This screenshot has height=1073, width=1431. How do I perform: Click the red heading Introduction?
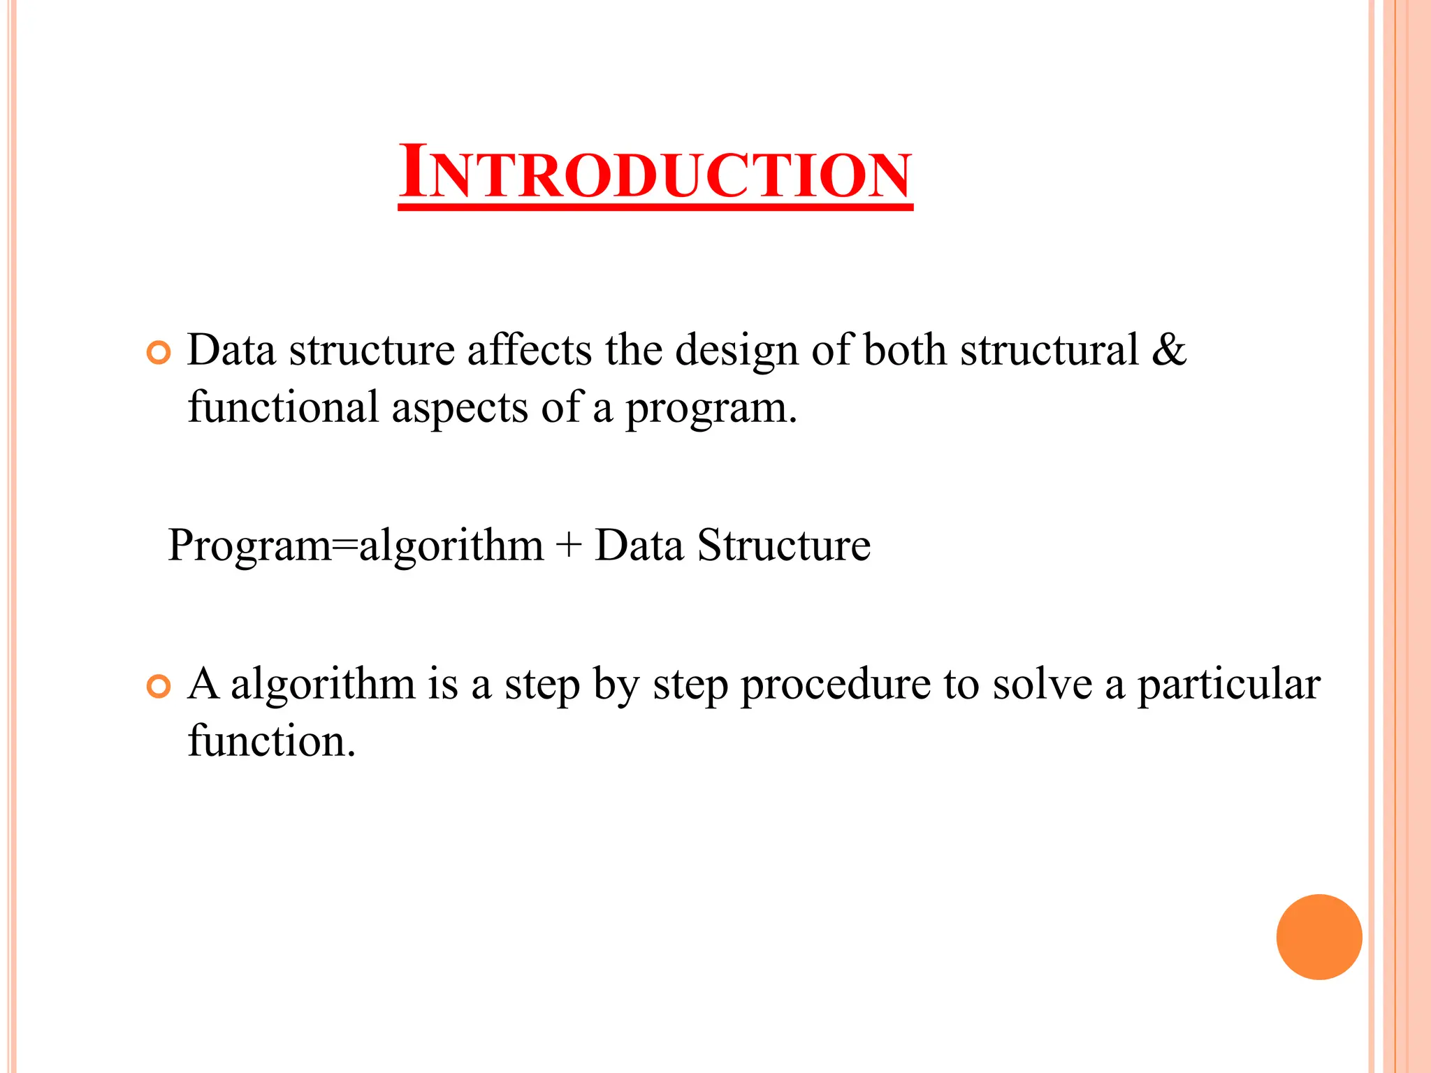coord(655,173)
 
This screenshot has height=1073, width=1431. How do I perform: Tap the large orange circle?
coord(1319,937)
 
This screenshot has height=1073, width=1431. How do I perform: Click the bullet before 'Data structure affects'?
coord(159,353)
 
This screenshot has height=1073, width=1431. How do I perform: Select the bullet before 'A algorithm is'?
coord(159,687)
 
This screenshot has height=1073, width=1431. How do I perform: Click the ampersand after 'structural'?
coord(1168,350)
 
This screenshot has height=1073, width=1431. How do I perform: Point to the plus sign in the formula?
coord(569,546)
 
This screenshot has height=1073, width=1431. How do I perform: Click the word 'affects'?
coord(530,350)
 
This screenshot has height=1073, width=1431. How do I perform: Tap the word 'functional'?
coord(283,407)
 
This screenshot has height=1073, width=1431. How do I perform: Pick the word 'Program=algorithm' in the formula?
coord(356,546)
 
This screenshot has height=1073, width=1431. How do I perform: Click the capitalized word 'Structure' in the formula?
coord(783,546)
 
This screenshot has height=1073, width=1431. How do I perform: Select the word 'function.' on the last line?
coord(272,741)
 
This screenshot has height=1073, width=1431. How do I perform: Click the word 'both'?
coord(905,350)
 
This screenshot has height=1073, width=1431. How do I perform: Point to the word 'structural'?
coord(1049,350)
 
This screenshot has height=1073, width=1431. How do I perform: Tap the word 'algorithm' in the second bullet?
coord(323,685)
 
